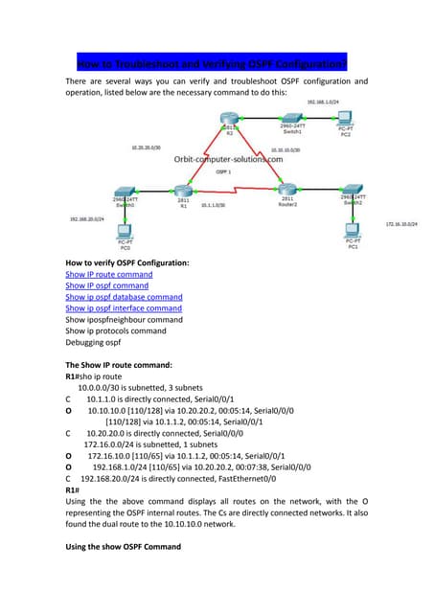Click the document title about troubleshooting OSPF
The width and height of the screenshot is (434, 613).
coord(212,64)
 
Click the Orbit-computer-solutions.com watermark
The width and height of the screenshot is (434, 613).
coord(228,159)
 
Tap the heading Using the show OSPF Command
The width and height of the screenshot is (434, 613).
coord(123,546)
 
